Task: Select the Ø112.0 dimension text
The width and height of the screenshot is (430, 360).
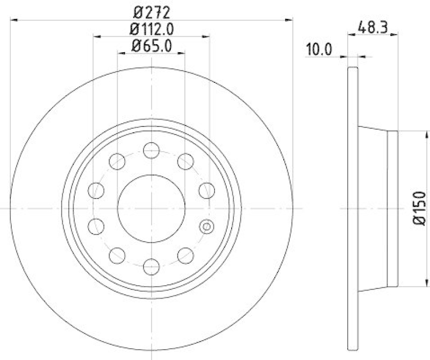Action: click(152, 27)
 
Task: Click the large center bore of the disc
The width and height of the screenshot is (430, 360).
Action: click(152, 208)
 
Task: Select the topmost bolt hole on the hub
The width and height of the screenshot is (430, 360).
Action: click(152, 150)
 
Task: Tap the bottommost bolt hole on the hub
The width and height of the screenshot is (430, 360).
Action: click(152, 265)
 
